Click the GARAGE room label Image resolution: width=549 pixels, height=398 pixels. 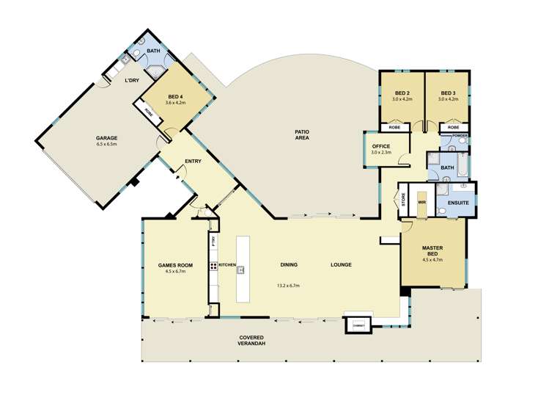point(106,137)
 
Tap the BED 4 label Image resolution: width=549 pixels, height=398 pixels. point(174,97)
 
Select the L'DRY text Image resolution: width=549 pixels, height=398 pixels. point(132,80)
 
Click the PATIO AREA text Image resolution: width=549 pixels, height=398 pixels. point(301,134)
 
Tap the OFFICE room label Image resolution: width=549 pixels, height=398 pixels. point(381,146)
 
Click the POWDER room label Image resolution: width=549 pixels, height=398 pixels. point(460,136)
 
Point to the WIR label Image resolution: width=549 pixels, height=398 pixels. point(421,200)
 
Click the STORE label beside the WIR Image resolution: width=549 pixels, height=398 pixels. point(403,200)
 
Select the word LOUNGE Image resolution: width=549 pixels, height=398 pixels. point(341,264)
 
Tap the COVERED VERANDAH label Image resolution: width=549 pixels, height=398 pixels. point(251,340)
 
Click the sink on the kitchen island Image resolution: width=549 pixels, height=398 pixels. point(240,269)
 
